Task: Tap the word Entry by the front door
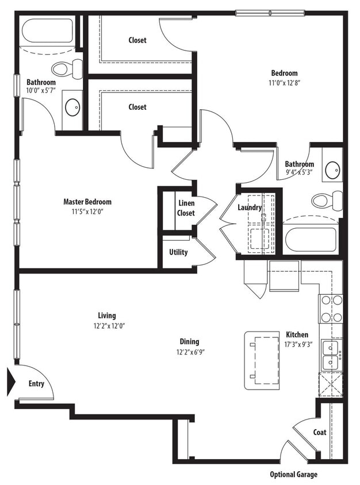point(36,383)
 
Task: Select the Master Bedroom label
point(87,202)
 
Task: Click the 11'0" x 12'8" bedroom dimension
point(285,83)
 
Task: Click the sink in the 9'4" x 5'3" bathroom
point(332,170)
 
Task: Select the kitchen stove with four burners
point(331,309)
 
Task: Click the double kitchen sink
point(331,355)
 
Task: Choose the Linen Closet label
point(186,208)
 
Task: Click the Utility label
point(178,252)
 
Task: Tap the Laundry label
point(250,207)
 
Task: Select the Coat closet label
point(320,432)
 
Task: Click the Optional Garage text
point(293,475)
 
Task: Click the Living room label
point(106,315)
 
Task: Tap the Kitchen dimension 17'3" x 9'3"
point(297,344)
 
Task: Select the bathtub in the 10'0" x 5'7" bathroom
point(47,32)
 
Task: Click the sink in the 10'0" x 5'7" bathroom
point(72,106)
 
